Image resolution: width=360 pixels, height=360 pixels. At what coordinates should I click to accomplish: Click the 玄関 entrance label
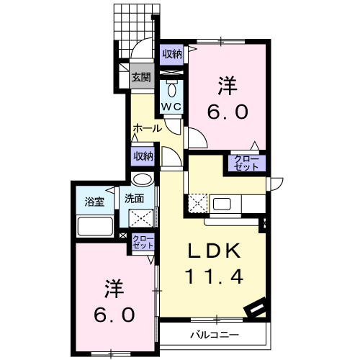(141, 77)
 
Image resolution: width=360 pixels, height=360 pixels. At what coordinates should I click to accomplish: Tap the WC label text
(171, 107)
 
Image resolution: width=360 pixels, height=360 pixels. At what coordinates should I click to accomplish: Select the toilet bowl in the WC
(172, 89)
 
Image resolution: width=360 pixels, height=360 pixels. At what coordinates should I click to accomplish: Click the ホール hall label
(148, 128)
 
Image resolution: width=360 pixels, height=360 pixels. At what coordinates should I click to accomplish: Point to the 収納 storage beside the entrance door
(172, 55)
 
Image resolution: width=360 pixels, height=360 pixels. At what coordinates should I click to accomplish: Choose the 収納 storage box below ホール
(143, 156)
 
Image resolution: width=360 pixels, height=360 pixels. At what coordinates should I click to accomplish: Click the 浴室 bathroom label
(94, 202)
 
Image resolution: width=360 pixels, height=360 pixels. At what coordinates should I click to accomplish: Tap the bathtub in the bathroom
(94, 226)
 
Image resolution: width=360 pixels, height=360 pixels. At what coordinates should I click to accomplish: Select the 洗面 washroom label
(134, 199)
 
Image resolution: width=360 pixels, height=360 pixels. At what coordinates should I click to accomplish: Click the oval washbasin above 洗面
(143, 179)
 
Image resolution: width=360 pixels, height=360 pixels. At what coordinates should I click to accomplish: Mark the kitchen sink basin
(222, 204)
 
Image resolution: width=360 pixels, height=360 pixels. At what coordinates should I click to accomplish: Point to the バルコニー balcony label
(215, 335)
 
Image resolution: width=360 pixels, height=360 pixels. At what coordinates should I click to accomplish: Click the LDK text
(215, 251)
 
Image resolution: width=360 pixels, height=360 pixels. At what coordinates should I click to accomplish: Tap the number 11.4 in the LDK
(214, 276)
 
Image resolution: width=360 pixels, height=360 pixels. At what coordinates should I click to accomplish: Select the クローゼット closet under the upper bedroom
(247, 163)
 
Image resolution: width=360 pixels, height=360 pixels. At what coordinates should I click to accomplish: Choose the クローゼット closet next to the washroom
(143, 242)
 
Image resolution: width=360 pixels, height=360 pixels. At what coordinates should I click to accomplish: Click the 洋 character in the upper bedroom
(227, 85)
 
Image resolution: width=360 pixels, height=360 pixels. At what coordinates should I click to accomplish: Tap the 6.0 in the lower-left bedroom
(114, 315)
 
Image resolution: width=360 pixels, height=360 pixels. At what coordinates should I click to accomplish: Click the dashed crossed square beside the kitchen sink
(198, 204)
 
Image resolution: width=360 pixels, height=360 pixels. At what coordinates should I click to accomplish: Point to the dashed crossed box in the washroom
(141, 218)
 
